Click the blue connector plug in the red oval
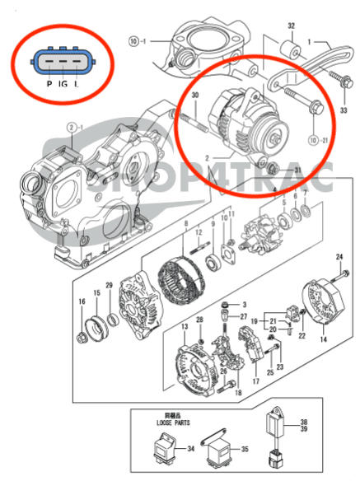click(59, 61)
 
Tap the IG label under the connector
click(62, 85)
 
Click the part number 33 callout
click(344, 110)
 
